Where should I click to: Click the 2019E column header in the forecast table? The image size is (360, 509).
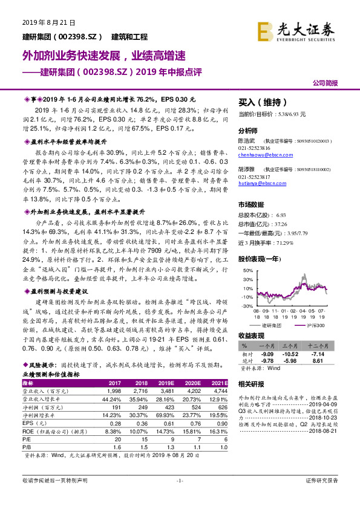pyautogui.click(x=167, y=383)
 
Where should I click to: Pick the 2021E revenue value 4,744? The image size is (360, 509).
pyautogui.click(x=220, y=392)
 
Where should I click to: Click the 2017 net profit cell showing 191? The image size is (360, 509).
pyautogui.click(x=115, y=408)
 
